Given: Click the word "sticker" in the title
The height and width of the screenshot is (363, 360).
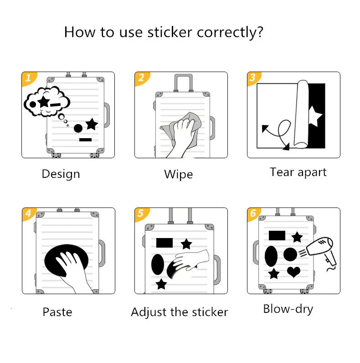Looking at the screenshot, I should [x=170, y=32].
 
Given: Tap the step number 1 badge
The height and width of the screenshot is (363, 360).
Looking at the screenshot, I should [x=28, y=78].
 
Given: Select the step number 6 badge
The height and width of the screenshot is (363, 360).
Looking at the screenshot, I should [x=253, y=213].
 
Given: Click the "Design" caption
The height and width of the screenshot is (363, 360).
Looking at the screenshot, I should [x=61, y=174].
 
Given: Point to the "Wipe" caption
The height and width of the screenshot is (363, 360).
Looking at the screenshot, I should [x=178, y=174].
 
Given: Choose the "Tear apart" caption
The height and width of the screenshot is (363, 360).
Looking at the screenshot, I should [x=298, y=172].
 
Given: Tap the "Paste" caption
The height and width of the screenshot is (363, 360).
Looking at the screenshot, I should [x=57, y=312].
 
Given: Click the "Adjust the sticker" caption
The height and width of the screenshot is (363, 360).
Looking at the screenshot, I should [x=179, y=312].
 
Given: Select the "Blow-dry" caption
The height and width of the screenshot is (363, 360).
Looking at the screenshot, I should [x=288, y=309].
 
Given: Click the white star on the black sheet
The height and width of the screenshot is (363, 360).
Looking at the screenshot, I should [x=315, y=116].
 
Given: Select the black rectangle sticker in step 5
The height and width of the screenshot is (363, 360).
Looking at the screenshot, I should [x=165, y=243].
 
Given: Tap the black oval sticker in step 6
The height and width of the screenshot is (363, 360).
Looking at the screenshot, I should [x=271, y=256].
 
